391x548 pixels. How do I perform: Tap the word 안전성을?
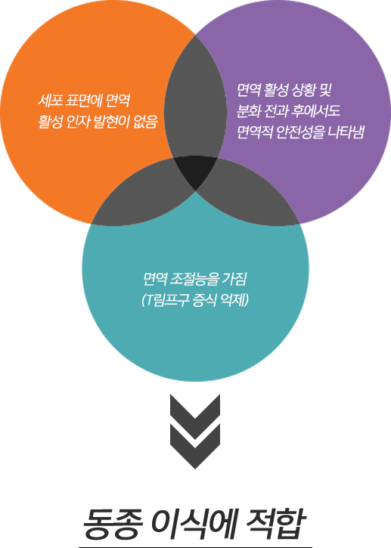tap(299, 132)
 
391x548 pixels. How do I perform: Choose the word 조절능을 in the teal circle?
tap(194, 279)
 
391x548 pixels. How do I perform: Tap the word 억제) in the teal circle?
tap(235, 300)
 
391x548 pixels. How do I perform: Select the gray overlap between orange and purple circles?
tap(195, 98)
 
